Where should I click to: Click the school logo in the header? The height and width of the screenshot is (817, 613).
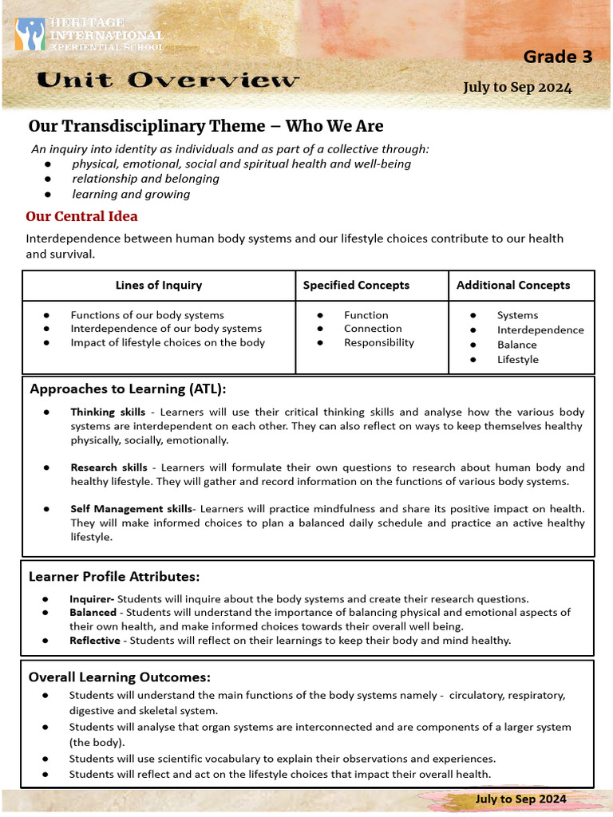tap(30, 35)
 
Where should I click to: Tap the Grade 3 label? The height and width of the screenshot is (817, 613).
tap(551, 57)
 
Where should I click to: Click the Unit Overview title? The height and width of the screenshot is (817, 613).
tap(168, 80)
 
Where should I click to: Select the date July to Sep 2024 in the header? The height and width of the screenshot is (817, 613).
tap(517, 87)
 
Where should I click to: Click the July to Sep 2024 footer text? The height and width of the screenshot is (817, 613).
tap(520, 799)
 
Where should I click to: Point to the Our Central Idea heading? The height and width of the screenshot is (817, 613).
tap(81, 216)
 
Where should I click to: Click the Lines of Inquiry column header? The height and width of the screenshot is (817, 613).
tap(159, 285)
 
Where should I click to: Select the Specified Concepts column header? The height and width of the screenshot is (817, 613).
tap(356, 285)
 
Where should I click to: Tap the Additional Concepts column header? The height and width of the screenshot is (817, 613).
tap(513, 285)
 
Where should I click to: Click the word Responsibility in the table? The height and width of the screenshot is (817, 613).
tap(379, 342)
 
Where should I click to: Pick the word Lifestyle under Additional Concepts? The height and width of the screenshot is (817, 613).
tap(517, 359)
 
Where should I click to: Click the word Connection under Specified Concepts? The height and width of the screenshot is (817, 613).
tap(373, 328)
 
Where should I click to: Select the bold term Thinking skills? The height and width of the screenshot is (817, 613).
tap(108, 412)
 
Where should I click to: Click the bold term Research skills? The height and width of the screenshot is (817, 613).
tap(109, 468)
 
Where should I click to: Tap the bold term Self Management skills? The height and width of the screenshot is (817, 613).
tap(131, 508)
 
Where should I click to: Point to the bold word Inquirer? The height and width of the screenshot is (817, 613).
tap(91, 598)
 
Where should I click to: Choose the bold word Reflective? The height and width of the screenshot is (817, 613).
tap(94, 640)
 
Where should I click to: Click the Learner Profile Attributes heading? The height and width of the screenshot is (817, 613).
tap(114, 576)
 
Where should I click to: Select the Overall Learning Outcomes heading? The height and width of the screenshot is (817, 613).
tap(120, 677)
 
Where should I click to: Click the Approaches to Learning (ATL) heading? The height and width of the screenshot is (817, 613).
tap(128, 389)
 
